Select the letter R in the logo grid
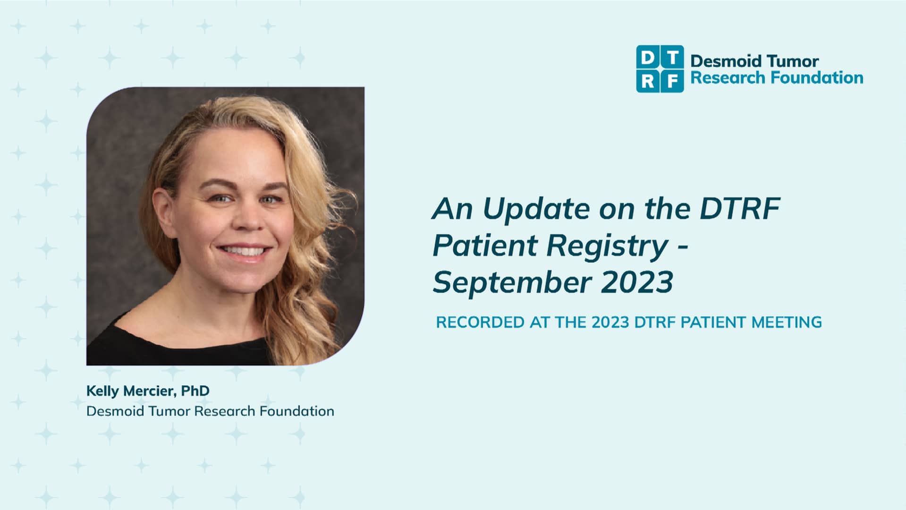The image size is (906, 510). (x=648, y=81)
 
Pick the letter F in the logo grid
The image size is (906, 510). (x=672, y=81)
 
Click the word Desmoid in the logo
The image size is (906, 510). (x=726, y=61)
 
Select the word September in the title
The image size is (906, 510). (x=512, y=282)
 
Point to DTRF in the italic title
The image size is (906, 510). (x=740, y=209)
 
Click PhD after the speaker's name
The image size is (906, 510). (x=195, y=391)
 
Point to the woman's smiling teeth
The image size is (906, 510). (x=244, y=251)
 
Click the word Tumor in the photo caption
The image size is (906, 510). (x=169, y=411)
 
